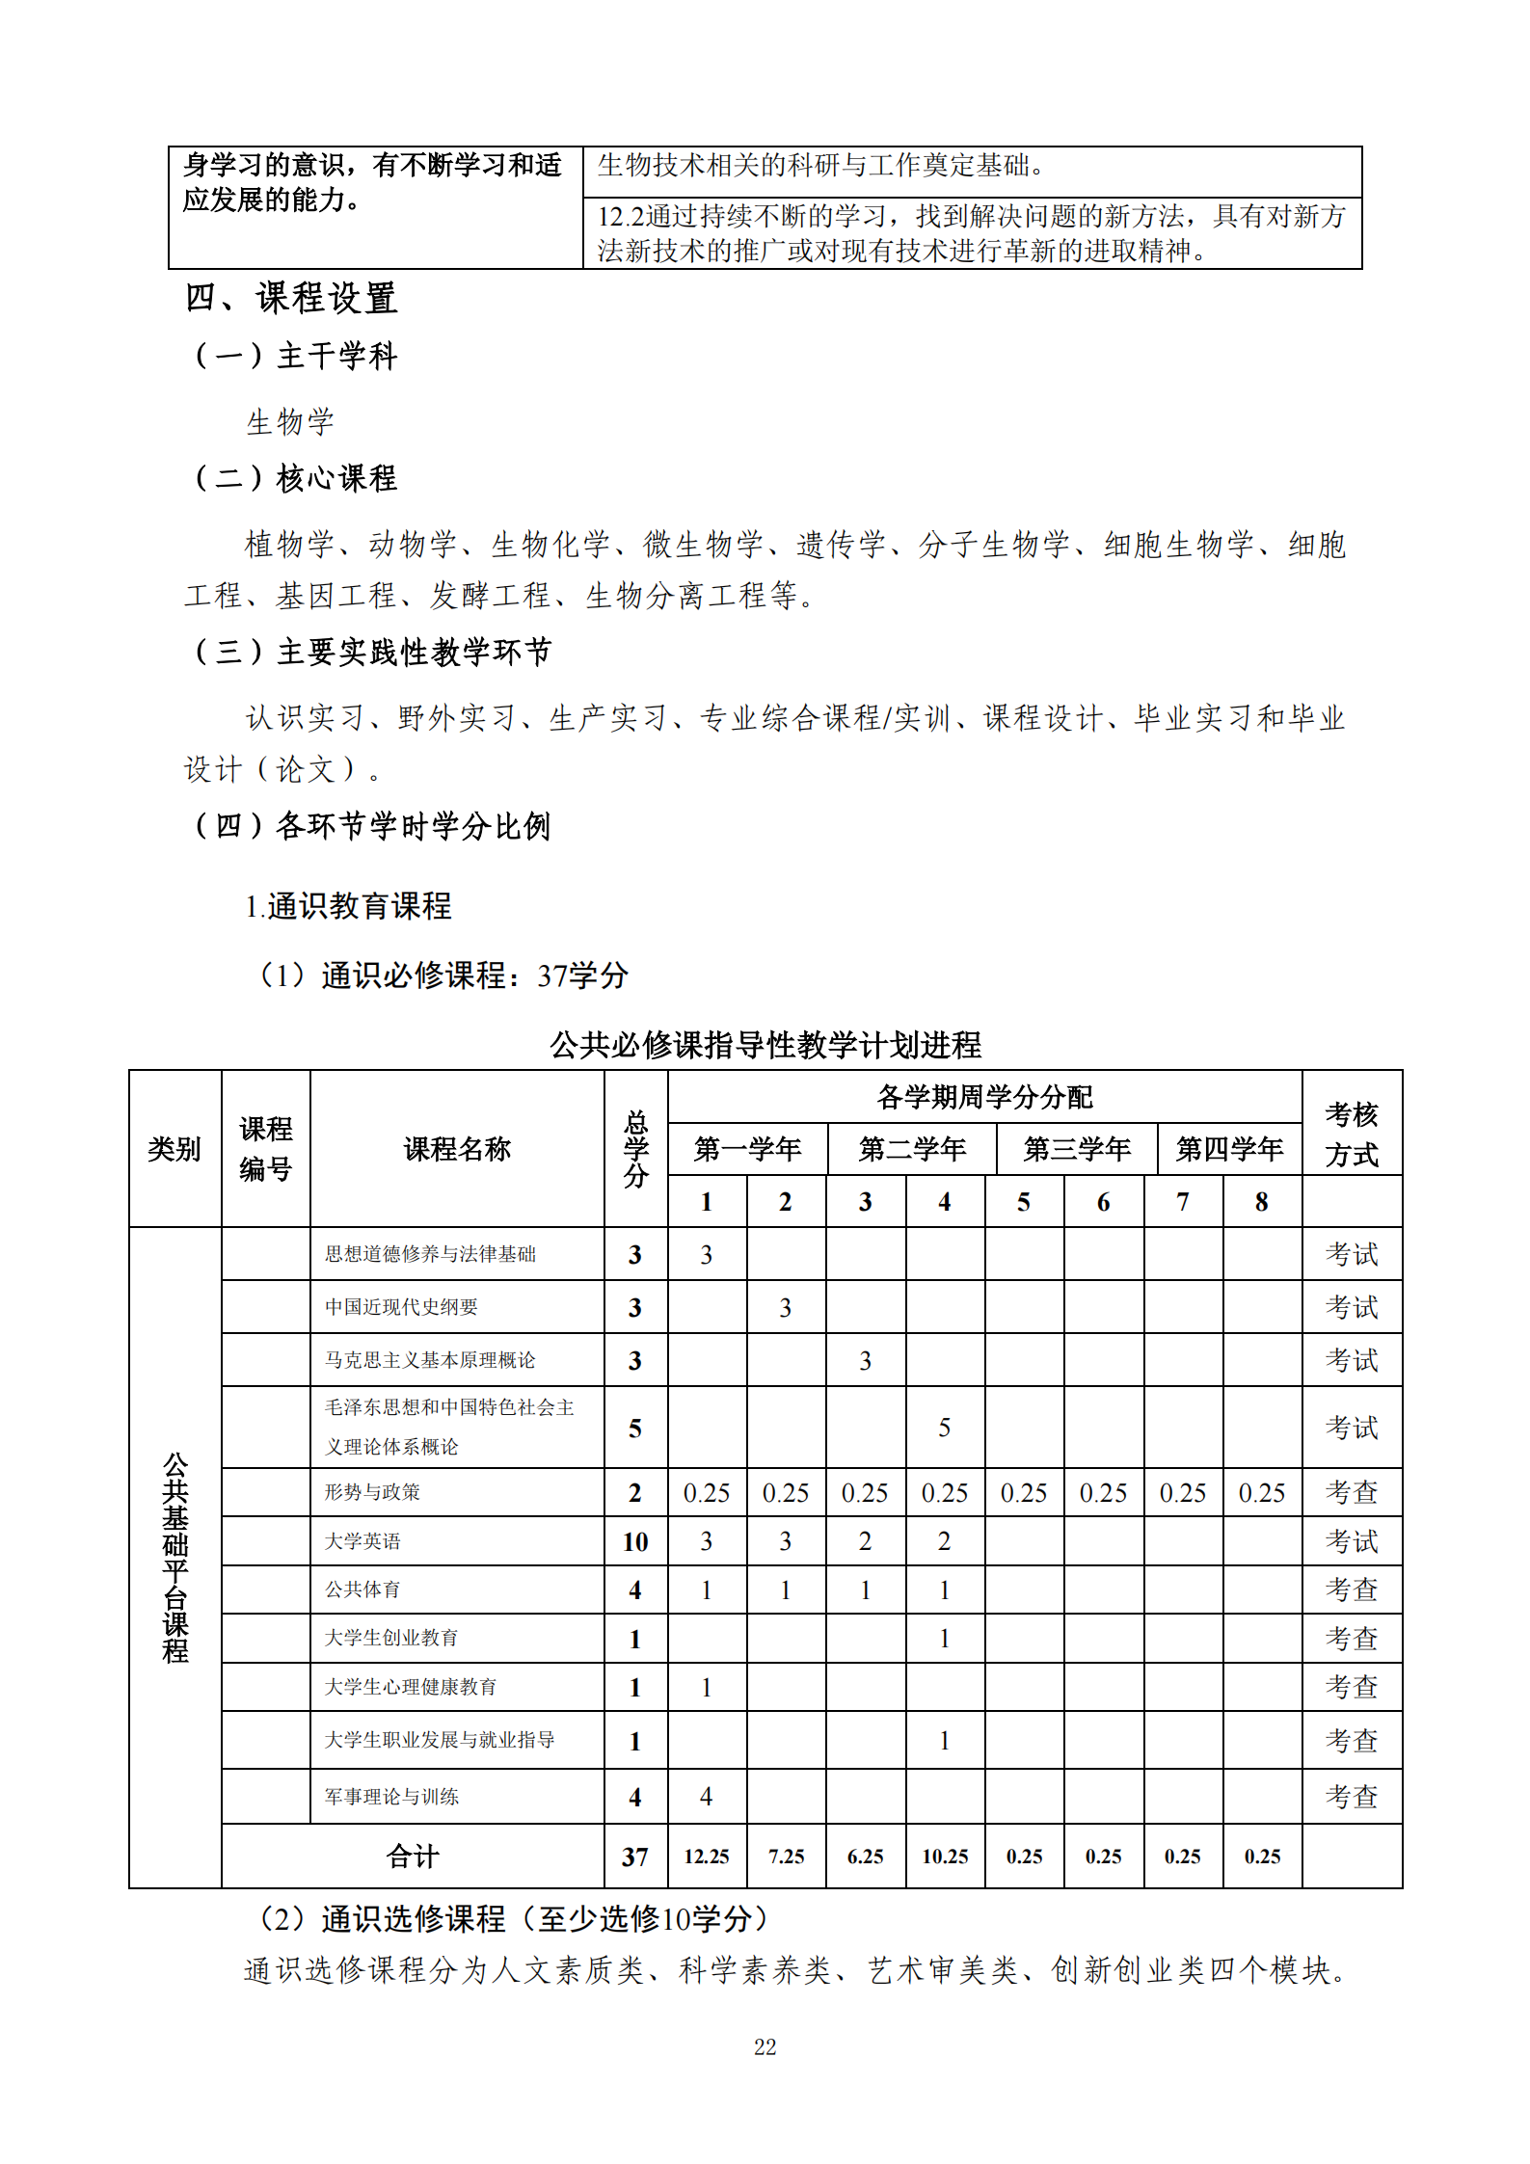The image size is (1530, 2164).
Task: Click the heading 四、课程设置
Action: coord(291,299)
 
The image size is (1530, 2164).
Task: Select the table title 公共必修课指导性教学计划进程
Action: coord(765,1045)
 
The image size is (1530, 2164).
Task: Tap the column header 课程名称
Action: coord(457,1149)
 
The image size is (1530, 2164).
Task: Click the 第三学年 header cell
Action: coord(1077,1149)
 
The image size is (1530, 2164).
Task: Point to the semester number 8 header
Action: coord(1261,1202)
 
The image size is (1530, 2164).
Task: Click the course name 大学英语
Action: coord(362,1541)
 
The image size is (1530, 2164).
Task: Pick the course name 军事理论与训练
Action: coord(391,1797)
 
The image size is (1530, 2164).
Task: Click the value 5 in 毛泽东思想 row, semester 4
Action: coord(944,1428)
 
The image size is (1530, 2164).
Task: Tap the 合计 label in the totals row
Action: coord(413,1857)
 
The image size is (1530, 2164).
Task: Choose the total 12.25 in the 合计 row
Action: coord(707,1857)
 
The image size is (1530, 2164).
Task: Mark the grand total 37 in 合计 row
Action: coord(635,1857)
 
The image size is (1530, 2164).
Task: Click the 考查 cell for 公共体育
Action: coord(1351,1590)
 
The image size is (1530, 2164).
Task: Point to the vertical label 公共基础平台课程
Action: coord(175,1557)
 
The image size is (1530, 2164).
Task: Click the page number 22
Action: coord(765,2046)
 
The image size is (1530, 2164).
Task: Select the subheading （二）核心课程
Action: coord(295,478)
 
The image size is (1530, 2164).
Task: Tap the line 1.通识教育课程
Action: coord(348,906)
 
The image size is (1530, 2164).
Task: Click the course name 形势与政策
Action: coord(372,1492)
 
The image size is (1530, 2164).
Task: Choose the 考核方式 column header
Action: coord(1351,1134)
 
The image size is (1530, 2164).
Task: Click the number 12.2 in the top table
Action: coord(620,217)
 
